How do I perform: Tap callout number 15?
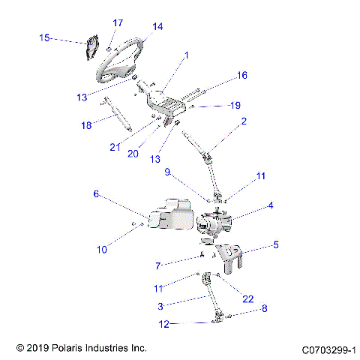click(x=44, y=37)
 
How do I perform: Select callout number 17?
click(x=118, y=22)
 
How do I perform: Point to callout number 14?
click(x=157, y=26)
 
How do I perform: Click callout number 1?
click(x=187, y=55)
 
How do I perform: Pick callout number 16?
click(x=241, y=75)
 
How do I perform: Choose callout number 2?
click(x=243, y=120)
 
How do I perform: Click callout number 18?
click(x=87, y=125)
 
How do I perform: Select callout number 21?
click(x=115, y=147)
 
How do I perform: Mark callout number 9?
click(x=169, y=172)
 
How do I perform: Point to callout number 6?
click(x=96, y=193)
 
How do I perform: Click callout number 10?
click(x=102, y=248)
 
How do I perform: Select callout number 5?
click(x=275, y=244)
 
